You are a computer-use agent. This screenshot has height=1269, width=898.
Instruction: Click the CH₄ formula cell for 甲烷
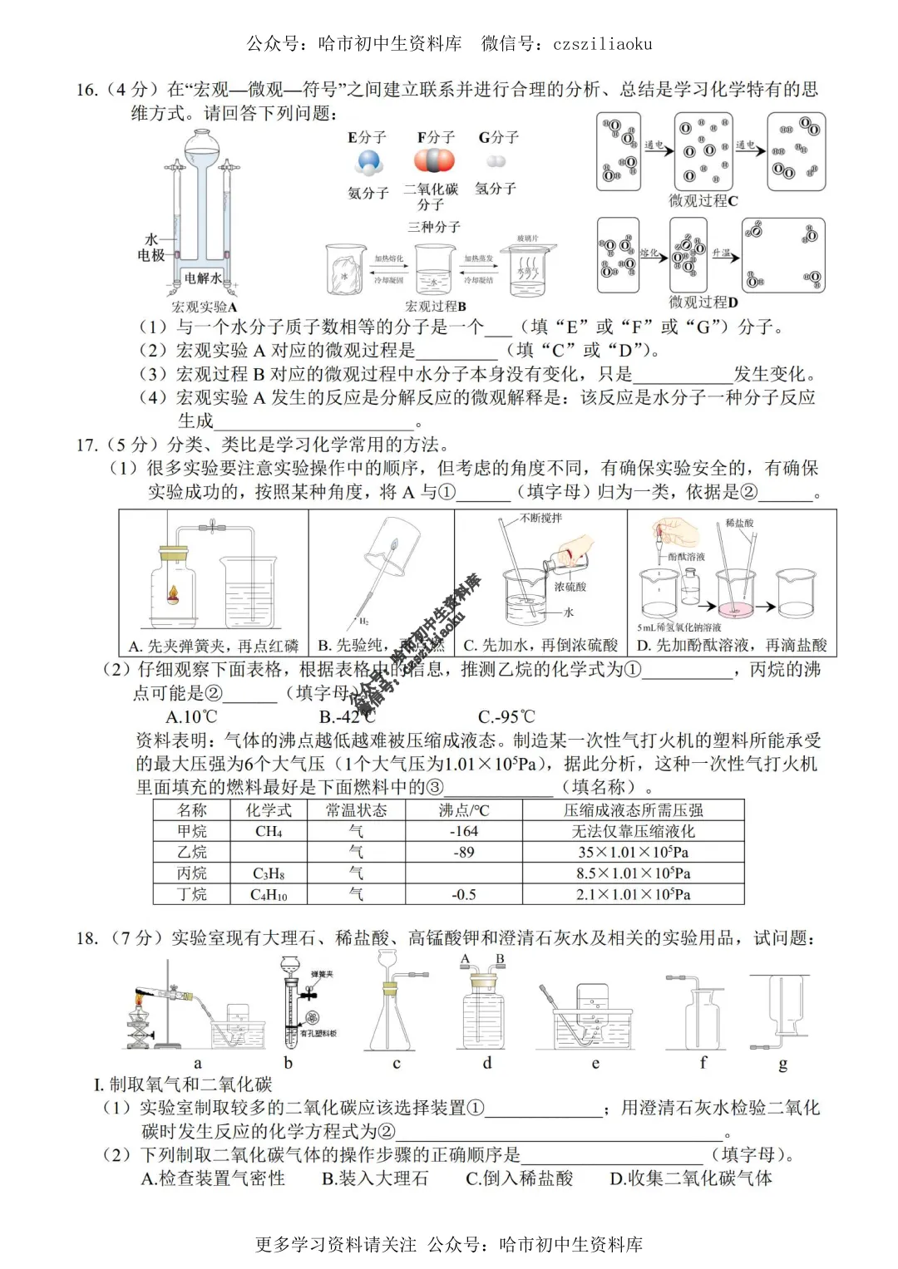click(268, 831)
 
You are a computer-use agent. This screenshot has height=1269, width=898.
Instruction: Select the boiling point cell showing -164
click(463, 831)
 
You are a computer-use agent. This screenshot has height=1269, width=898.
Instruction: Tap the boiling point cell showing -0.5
click(463, 894)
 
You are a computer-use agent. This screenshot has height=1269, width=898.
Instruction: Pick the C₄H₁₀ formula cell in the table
click(268, 894)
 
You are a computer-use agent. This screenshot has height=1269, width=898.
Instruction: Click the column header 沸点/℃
click(463, 810)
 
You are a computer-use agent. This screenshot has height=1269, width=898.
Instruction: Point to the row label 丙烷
click(192, 873)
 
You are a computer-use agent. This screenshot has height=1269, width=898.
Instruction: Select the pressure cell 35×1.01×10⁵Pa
click(633, 852)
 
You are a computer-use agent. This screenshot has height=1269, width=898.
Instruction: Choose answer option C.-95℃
click(506, 716)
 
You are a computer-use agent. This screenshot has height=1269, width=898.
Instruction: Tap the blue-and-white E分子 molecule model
click(368, 162)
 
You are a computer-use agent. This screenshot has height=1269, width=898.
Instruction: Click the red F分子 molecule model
click(435, 160)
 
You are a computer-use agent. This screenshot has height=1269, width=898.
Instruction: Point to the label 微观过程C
click(703, 201)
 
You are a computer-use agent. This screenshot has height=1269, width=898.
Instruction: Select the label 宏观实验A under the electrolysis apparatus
click(205, 307)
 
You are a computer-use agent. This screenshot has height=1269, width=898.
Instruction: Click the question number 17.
click(86, 445)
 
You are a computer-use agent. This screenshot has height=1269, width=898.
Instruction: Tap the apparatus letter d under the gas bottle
click(487, 1063)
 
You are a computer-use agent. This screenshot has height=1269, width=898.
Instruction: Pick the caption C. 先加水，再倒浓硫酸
click(540, 646)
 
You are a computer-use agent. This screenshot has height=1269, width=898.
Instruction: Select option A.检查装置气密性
click(213, 1178)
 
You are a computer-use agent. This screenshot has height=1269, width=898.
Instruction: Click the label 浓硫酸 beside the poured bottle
click(570, 587)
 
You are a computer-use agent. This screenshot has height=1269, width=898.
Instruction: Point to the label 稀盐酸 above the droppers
click(739, 523)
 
